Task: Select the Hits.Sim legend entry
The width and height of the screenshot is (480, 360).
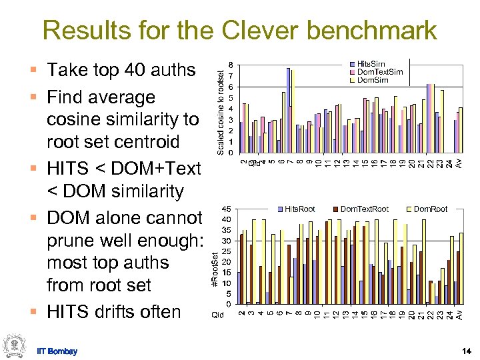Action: (x=375, y=63)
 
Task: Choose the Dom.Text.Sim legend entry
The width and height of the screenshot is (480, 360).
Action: (x=379, y=71)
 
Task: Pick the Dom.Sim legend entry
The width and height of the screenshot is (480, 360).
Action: (x=375, y=79)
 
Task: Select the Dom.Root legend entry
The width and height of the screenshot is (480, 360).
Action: (x=430, y=209)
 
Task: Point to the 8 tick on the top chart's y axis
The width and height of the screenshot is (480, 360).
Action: (x=231, y=65)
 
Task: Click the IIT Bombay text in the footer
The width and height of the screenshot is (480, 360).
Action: (x=57, y=351)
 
